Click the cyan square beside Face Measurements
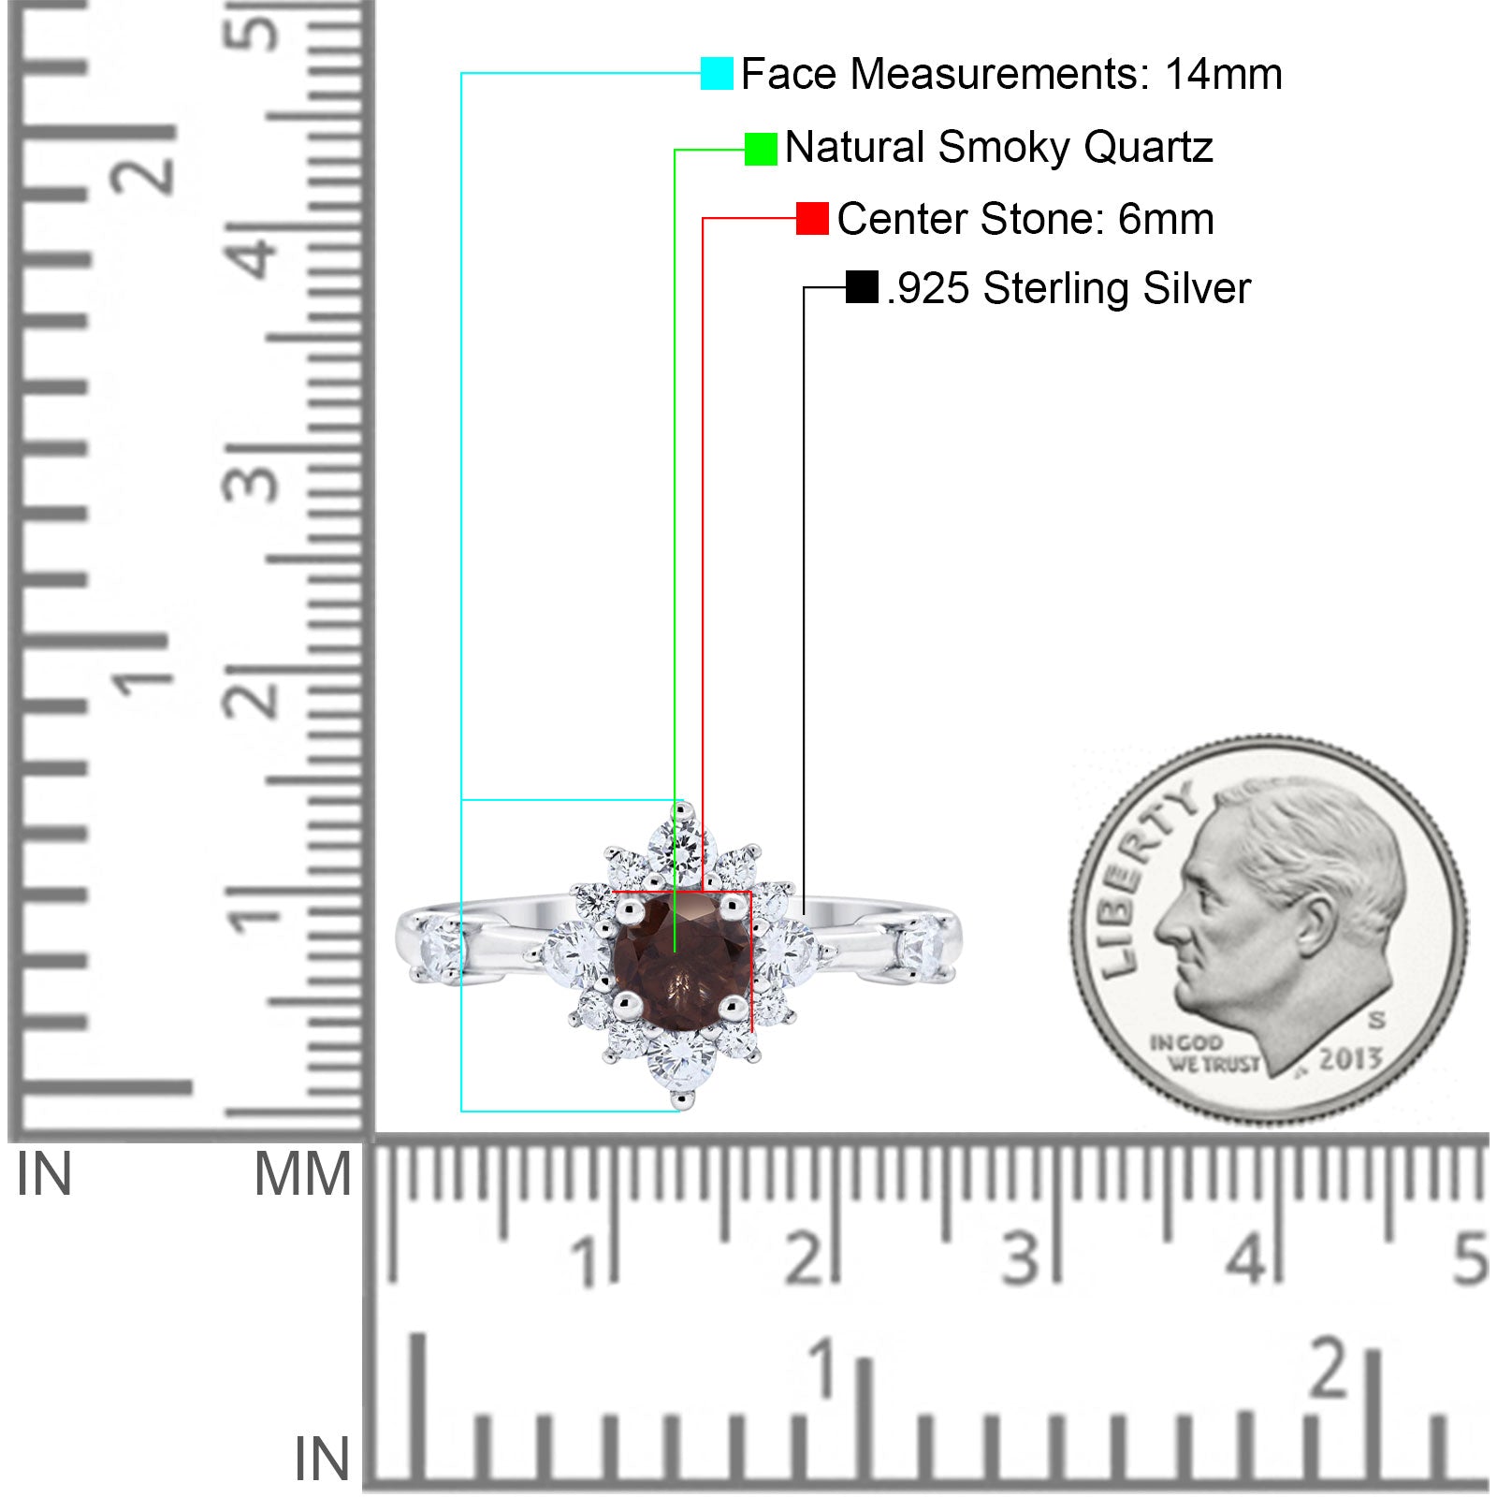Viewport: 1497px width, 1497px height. (717, 73)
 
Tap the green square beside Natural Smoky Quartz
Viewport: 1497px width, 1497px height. (761, 149)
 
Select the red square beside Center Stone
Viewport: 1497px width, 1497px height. (812, 219)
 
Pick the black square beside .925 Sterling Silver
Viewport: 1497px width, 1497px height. (862, 287)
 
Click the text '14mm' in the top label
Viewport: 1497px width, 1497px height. (1223, 74)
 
